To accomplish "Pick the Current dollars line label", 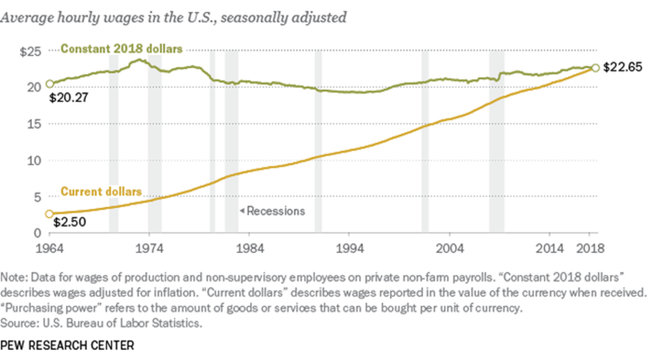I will pos(101,191).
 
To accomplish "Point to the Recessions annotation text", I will pos(275,211).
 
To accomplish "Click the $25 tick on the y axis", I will pos(30,52).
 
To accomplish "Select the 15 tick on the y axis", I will pos(34,124).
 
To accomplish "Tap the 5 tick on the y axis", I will pos(37,197).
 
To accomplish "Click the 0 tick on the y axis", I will pos(37,233).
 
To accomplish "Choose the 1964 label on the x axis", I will pos(49,247).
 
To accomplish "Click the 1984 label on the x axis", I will pos(249,247).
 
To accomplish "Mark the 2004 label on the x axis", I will pos(450,247).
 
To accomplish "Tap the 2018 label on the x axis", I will pos(590,247).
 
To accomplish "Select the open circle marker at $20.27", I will pos(50,84).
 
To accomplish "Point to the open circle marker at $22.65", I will pos(594,68).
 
